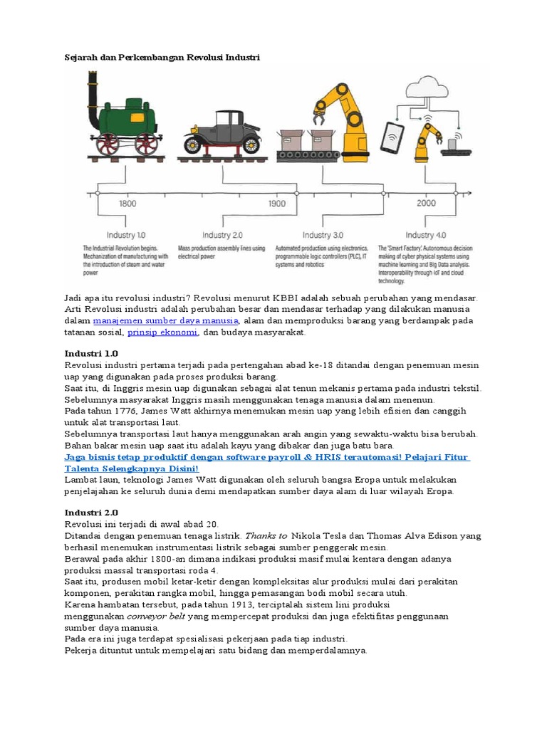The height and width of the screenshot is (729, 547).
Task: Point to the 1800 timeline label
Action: pos(127,203)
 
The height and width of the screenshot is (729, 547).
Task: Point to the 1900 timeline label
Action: pos(277,203)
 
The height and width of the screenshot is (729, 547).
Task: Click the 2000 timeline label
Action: pos(426,203)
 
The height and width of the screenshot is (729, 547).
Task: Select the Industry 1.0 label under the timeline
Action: pos(126,235)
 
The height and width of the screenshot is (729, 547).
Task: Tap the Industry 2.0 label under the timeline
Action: pos(222,235)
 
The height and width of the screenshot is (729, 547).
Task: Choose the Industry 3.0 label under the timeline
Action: pos(323,235)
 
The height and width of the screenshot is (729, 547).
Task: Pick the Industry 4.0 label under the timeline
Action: pos(425,235)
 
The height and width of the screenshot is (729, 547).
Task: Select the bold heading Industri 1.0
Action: pos(91,353)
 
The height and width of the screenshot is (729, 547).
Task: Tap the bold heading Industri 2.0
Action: pos(91,513)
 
